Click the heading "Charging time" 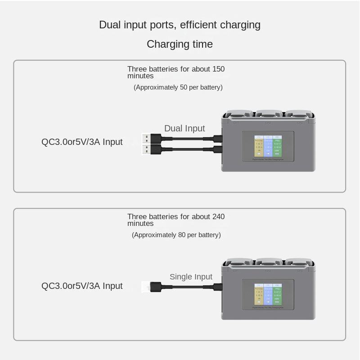tap(180, 44)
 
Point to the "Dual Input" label tap(184, 129)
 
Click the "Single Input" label tap(191, 277)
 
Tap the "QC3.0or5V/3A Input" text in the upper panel tap(82, 142)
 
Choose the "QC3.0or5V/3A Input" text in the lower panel tap(82, 286)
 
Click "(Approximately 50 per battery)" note tap(178, 87)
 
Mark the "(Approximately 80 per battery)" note tap(176, 235)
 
